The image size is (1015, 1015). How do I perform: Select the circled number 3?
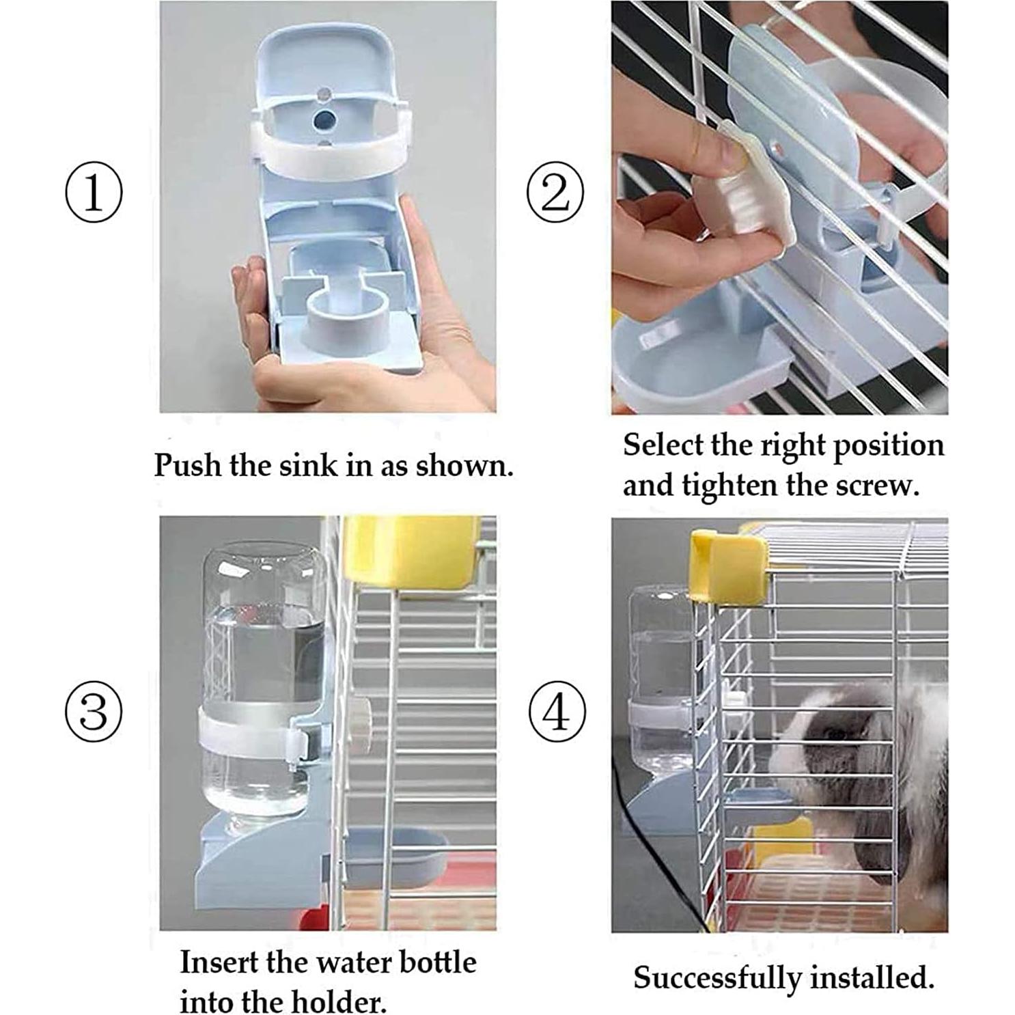[94, 711]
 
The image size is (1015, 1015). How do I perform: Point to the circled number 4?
[557, 713]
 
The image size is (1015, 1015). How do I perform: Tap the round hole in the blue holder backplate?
[323, 122]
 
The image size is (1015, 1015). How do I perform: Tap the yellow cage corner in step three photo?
[411, 553]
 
